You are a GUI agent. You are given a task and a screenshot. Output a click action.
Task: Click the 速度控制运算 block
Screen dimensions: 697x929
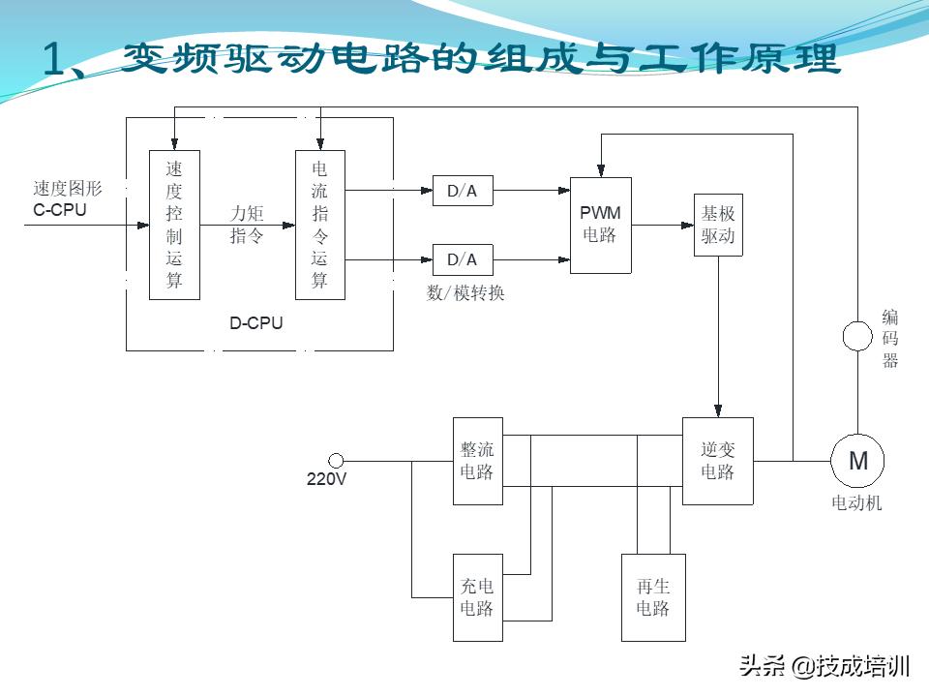pyautogui.click(x=173, y=225)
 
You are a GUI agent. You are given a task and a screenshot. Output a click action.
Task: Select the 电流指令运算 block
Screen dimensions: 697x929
pyautogui.click(x=319, y=225)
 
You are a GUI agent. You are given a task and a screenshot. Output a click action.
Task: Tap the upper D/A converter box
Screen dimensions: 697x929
pyautogui.click(x=462, y=192)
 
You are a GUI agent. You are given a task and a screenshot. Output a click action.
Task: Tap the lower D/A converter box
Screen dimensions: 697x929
pyautogui.click(x=462, y=259)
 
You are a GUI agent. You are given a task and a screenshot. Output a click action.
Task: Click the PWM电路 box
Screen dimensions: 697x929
pyautogui.click(x=600, y=225)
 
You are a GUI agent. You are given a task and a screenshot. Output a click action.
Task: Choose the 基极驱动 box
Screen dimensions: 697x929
pyautogui.click(x=718, y=226)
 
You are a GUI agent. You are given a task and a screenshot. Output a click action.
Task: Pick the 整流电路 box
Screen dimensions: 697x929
pyautogui.click(x=477, y=461)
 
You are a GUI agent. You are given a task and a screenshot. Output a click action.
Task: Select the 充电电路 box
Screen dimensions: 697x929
pyautogui.click(x=477, y=597)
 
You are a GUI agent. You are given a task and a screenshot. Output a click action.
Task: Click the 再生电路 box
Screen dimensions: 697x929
pyautogui.click(x=653, y=597)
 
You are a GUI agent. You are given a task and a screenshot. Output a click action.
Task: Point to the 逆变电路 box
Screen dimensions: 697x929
pyautogui.click(x=717, y=461)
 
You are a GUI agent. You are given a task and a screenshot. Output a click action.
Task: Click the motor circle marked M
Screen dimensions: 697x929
pyautogui.click(x=857, y=461)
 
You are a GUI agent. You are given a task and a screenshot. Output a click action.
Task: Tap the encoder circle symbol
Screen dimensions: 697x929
pyautogui.click(x=857, y=336)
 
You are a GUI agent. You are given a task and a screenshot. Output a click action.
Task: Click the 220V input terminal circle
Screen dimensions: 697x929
pyautogui.click(x=336, y=461)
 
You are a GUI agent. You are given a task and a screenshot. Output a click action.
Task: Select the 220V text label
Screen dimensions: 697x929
pyautogui.click(x=326, y=479)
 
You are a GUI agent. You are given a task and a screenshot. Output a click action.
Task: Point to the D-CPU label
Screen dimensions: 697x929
pyautogui.click(x=256, y=323)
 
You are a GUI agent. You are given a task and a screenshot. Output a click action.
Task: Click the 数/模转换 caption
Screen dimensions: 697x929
pyautogui.click(x=465, y=293)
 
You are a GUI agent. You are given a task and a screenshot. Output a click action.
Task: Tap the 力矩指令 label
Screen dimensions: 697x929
pyautogui.click(x=247, y=226)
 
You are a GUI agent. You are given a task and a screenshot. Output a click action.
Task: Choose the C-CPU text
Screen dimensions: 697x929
pyautogui.click(x=59, y=209)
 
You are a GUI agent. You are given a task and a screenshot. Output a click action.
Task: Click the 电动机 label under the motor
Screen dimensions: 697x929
pyautogui.click(x=856, y=503)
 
